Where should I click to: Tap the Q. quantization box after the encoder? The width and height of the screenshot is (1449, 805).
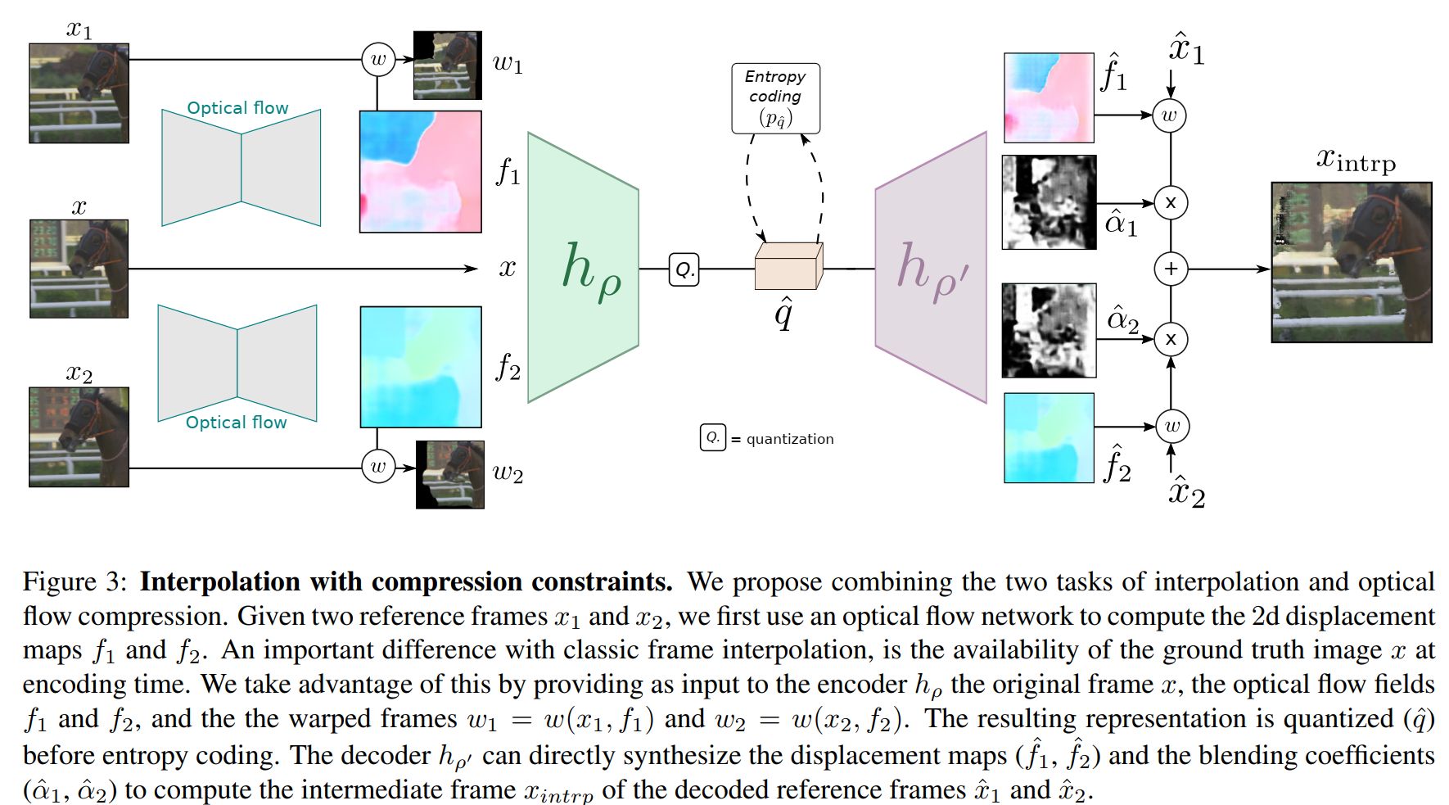pos(684,269)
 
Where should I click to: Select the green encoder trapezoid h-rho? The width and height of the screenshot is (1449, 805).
pos(582,268)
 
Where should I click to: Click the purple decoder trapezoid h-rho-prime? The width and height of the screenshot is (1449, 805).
pos(932,268)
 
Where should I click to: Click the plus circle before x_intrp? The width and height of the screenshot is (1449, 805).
pos(1171,269)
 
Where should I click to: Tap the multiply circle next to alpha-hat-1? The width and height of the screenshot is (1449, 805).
pos(1171,202)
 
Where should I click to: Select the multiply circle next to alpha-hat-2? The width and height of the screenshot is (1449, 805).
pos(1171,339)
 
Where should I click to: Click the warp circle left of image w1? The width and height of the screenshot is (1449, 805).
pos(378,59)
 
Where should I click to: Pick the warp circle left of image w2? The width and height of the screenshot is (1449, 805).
pos(378,467)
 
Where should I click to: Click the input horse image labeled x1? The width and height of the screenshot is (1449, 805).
pos(79,93)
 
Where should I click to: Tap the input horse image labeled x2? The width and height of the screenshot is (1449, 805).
pos(79,436)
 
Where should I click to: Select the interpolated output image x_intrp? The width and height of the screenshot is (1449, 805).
pos(1351,262)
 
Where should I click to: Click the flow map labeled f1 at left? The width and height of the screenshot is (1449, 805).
pos(420,171)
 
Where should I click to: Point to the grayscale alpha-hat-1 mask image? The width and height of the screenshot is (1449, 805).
pos(1049,202)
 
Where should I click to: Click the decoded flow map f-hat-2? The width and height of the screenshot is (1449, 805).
pos(1049,438)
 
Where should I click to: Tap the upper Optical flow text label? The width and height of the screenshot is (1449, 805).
pos(237,108)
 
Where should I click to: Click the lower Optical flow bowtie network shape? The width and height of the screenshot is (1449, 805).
pos(237,363)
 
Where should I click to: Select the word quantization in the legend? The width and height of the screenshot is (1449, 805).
pos(789,439)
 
